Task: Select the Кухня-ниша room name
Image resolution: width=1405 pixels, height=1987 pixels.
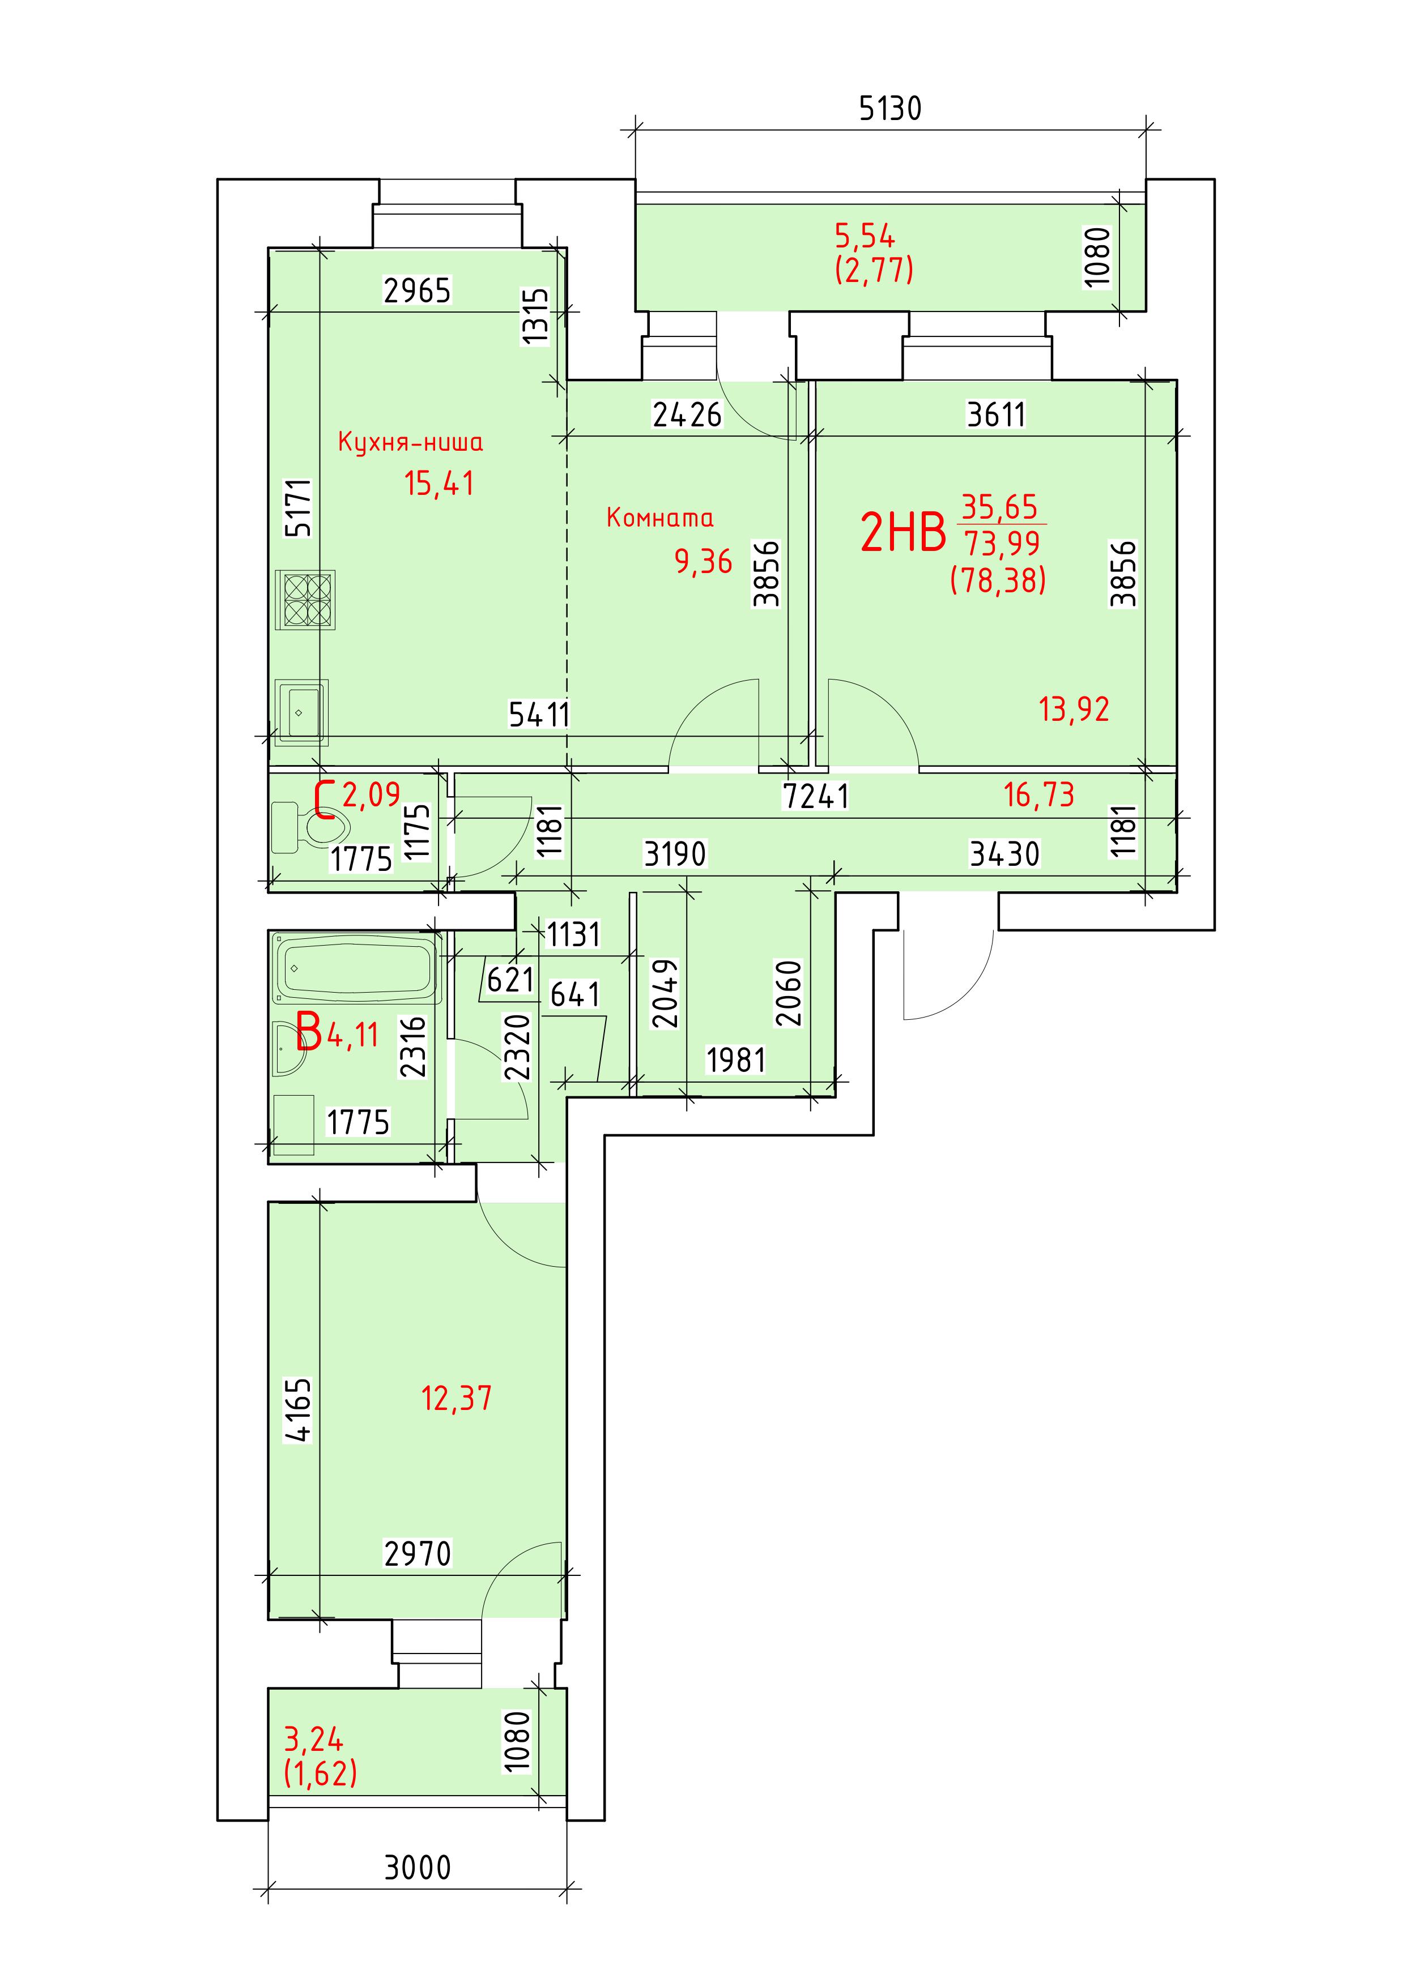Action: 410,442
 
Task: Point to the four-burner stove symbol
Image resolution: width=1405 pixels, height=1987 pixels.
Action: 305,600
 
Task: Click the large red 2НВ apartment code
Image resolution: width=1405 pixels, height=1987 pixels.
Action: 903,532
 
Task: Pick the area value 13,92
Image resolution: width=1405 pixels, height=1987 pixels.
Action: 1074,710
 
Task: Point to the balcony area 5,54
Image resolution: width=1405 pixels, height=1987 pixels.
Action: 865,236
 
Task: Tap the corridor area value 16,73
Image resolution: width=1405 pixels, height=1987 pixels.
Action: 1039,793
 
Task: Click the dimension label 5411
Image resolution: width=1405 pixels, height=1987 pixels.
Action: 539,715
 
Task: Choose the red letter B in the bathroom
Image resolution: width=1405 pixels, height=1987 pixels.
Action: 309,1032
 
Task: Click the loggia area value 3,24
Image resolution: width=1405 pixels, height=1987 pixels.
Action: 313,1738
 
